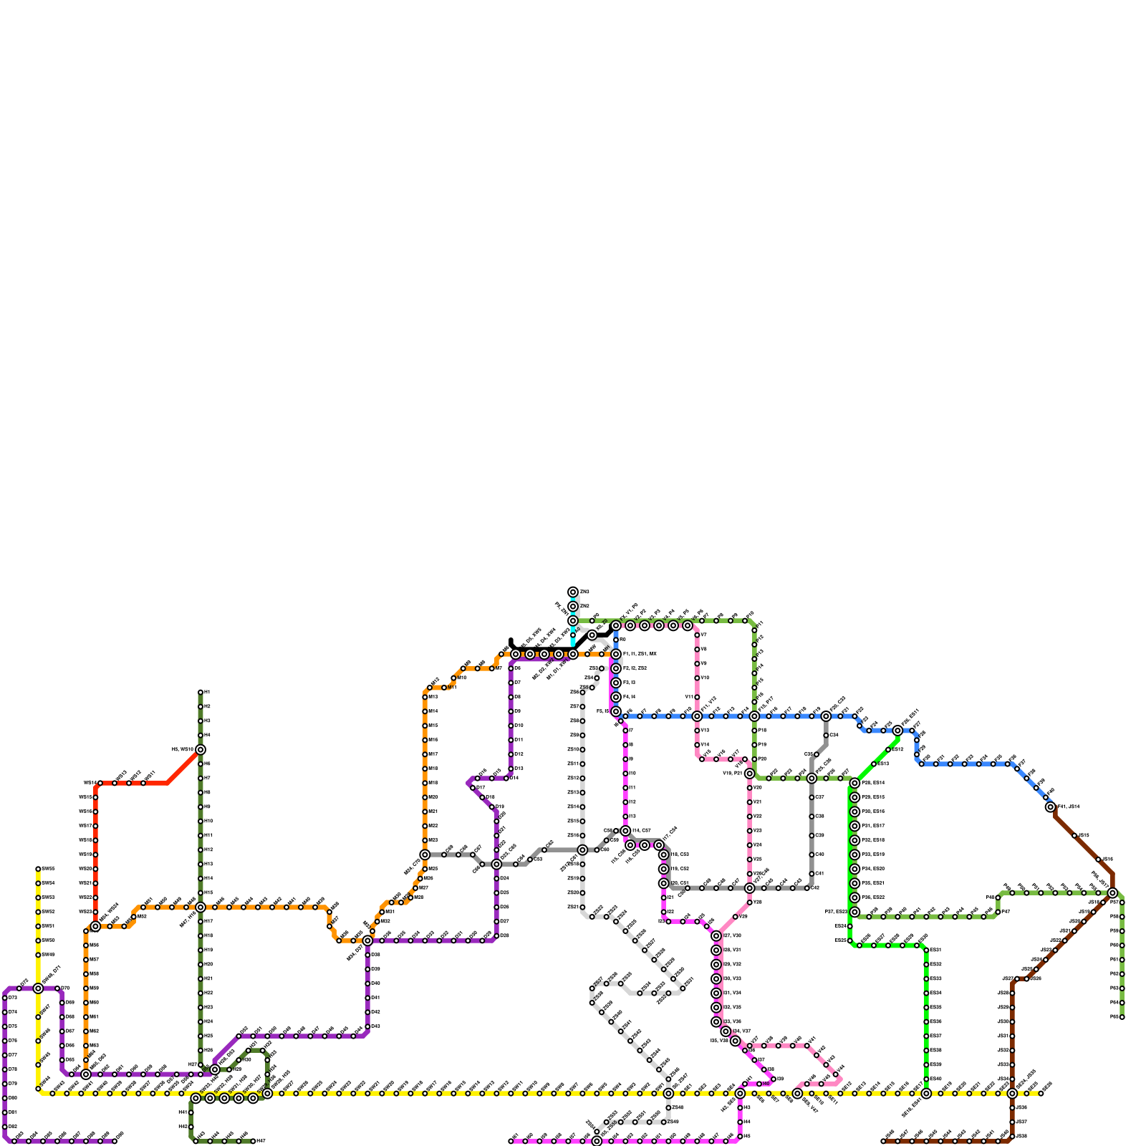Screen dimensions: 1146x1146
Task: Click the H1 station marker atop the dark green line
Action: pos(201,693)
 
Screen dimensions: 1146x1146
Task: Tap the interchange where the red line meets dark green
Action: pos(201,750)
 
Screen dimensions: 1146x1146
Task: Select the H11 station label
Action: pos(208,836)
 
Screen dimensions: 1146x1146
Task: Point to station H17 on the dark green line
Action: pos(201,921)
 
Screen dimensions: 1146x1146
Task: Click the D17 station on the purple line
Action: pos(473,788)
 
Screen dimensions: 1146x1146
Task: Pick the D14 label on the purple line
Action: pos(514,778)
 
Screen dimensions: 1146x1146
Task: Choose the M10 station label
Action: pos(462,678)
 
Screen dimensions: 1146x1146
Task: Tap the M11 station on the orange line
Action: pos(444,688)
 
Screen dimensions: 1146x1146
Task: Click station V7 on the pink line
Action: pos(697,635)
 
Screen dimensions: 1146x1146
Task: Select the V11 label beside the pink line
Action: pos(689,697)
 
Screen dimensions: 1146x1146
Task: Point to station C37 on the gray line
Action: pos(812,797)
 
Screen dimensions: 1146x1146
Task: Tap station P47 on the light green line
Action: pos(998,912)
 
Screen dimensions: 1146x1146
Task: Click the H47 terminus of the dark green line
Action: pos(253,1141)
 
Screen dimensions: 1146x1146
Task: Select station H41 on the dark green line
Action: pos(191,1112)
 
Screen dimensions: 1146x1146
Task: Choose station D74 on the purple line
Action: pos(5,1012)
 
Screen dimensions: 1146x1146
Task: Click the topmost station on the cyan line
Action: pos(573,592)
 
